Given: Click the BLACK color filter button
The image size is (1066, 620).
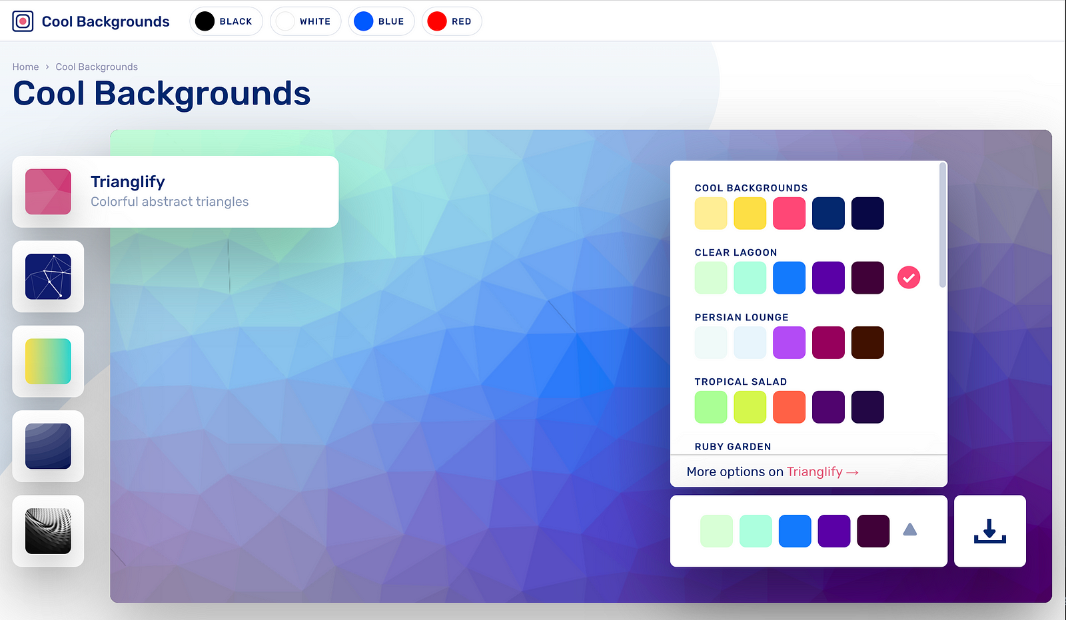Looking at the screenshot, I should pyautogui.click(x=226, y=21).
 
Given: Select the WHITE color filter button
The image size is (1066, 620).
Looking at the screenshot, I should pyautogui.click(x=305, y=21).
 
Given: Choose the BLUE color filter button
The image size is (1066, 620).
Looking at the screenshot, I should pyautogui.click(x=381, y=21).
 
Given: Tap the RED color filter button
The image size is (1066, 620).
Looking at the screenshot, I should pyautogui.click(x=451, y=21).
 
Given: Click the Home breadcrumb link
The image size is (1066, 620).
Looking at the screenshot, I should pyautogui.click(x=25, y=67).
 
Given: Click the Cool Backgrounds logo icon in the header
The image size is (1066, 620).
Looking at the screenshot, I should pyautogui.click(x=23, y=21).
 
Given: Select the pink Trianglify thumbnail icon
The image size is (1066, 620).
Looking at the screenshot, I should pyautogui.click(x=48, y=192).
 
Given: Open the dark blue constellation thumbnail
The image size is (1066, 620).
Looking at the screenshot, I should pyautogui.click(x=48, y=276).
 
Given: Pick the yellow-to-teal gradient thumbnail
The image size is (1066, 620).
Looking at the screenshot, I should pyautogui.click(x=48, y=362).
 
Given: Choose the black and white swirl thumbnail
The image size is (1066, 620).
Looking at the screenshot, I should pyautogui.click(x=48, y=531).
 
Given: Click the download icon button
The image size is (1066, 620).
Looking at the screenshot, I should pyautogui.click(x=989, y=531).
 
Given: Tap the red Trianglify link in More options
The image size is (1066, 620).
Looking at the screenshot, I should pyautogui.click(x=814, y=471).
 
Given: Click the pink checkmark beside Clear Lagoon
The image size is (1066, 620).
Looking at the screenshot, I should pyautogui.click(x=909, y=278).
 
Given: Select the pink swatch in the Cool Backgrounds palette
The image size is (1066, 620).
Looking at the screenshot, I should pyautogui.click(x=789, y=213).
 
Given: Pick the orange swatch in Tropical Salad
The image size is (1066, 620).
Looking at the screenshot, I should pyautogui.click(x=789, y=407).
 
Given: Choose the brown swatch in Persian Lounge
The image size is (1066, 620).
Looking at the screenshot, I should pyautogui.click(x=867, y=342).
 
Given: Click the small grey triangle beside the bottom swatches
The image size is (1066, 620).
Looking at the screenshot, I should pyautogui.click(x=910, y=530).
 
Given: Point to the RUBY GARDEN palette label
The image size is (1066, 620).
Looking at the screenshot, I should pyautogui.click(x=733, y=447).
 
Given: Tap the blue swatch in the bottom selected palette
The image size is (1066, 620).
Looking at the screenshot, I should pyautogui.click(x=795, y=531).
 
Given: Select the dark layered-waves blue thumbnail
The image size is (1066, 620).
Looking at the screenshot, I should pyautogui.click(x=48, y=446).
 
